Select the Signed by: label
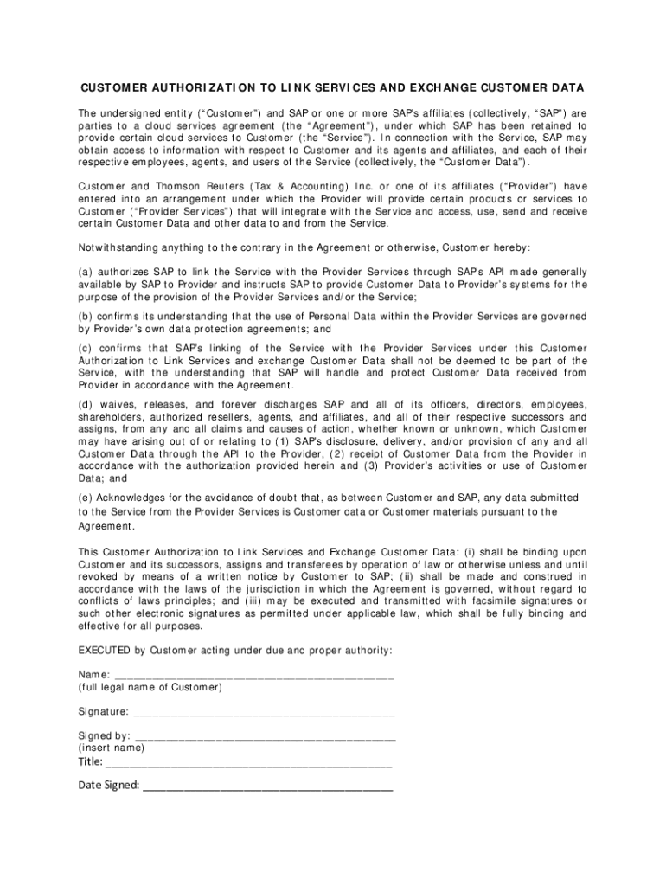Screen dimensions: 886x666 pyautogui.click(x=105, y=736)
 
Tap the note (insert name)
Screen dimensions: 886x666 pyautogui.click(x=112, y=748)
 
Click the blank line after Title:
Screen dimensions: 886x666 pyautogui.click(x=249, y=763)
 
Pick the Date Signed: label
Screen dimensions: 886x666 pyautogui.click(x=109, y=786)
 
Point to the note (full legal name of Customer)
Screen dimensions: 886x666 pyautogui.click(x=150, y=687)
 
